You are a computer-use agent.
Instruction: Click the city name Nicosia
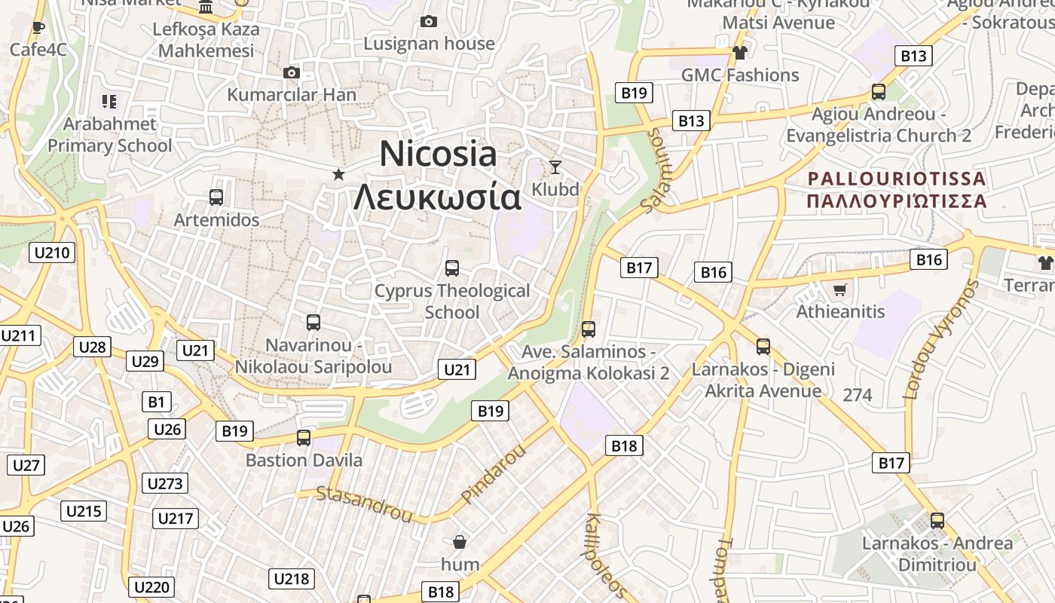point(438,155)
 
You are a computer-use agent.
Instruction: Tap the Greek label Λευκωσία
point(437,197)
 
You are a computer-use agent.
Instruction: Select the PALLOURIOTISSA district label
point(896,179)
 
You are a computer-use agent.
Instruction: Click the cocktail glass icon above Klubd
point(555,167)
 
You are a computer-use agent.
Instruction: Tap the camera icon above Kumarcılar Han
point(292,73)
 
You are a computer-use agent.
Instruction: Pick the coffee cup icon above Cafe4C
point(38,29)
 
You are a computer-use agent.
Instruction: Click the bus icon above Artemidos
point(216,197)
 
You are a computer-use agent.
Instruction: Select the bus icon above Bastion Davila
point(304,438)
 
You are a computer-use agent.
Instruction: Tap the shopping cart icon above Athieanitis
point(839,289)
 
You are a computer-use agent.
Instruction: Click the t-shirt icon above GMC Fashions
point(739,53)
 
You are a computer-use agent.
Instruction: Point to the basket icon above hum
point(460,542)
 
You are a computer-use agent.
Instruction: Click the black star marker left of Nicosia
point(339,175)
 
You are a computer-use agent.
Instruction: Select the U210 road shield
point(53,253)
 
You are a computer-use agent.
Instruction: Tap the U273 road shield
point(165,483)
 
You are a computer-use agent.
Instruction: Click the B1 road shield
point(155,402)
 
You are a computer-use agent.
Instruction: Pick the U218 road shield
point(292,579)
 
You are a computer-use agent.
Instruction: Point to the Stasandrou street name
point(365,504)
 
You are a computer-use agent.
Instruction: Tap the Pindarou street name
point(493,473)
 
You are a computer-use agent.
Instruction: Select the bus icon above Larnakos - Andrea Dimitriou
point(937,521)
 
